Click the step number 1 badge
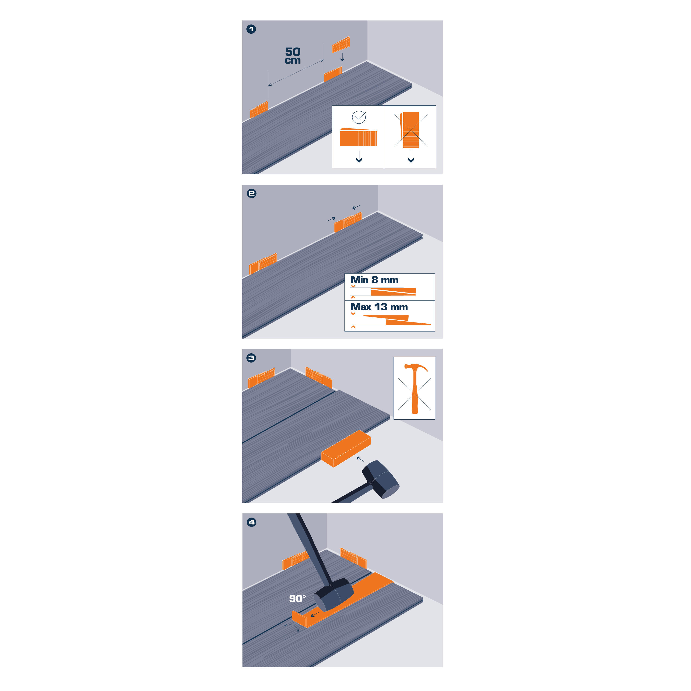[x=251, y=29]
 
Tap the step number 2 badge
[x=252, y=193]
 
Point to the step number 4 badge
[x=252, y=522]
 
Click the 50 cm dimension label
[x=293, y=56]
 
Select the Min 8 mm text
[x=374, y=280]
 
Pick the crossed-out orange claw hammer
[x=415, y=388]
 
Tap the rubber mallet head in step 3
[x=381, y=479]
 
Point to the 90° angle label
[x=297, y=599]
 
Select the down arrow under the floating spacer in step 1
[x=342, y=57]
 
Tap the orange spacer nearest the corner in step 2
[x=348, y=222]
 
